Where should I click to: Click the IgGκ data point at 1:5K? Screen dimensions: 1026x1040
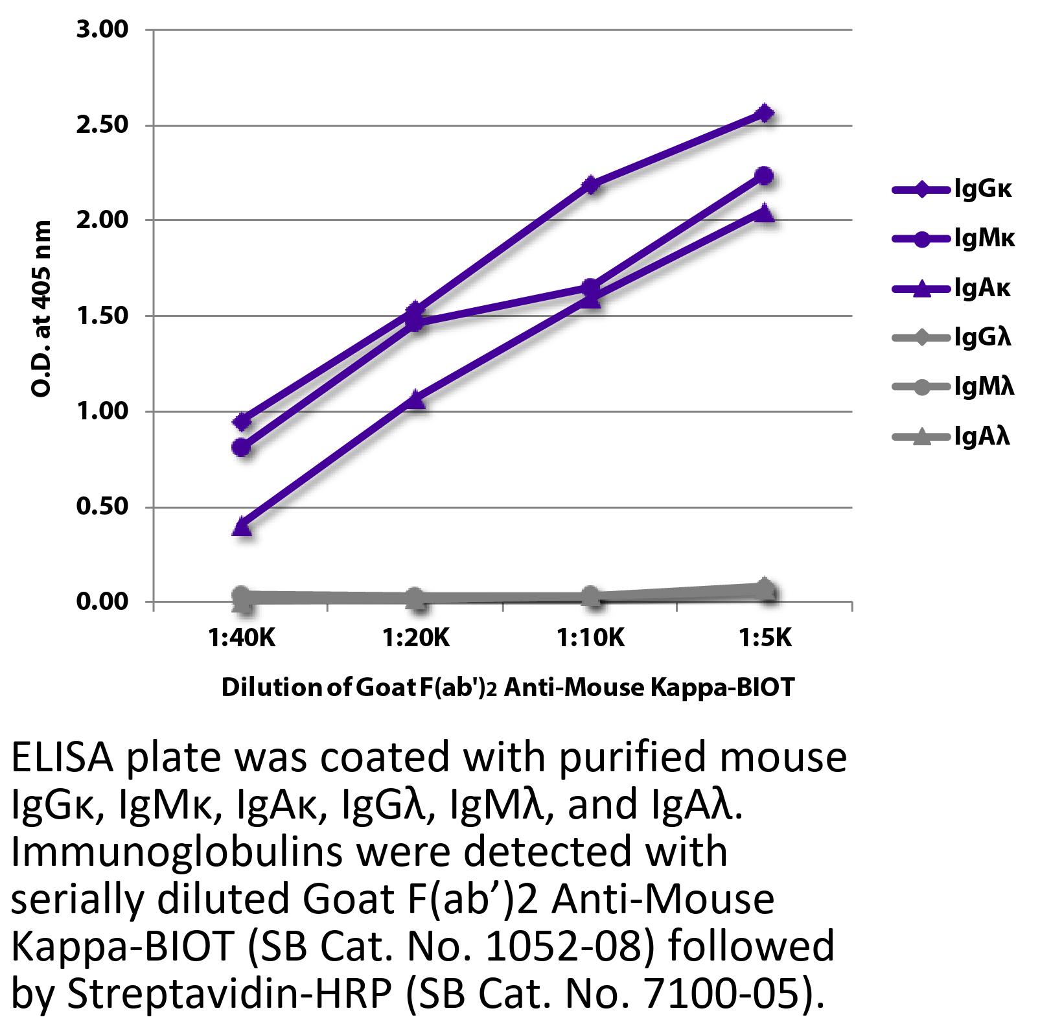point(765,113)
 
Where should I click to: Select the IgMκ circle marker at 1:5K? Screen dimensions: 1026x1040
point(765,176)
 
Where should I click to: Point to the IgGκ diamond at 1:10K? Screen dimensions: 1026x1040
point(590,185)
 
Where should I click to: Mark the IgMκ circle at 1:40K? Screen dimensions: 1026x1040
point(242,447)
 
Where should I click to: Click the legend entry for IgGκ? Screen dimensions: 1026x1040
point(953,190)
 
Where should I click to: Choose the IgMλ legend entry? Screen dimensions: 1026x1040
point(953,388)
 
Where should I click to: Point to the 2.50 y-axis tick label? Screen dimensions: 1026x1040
point(103,125)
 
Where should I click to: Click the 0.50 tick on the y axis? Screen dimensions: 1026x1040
point(103,506)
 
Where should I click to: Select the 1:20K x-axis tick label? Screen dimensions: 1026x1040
point(415,639)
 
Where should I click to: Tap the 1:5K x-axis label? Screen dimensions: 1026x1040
point(765,639)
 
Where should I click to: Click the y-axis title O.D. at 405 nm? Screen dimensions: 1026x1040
point(41,309)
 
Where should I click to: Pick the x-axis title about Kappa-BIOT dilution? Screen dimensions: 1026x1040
point(507,687)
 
